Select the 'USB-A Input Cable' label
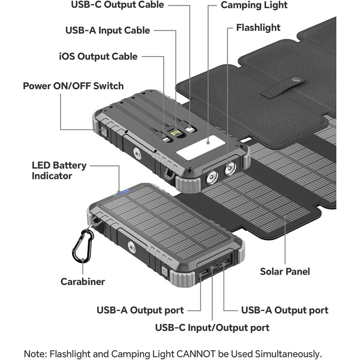point(107,30)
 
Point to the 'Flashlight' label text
point(258,27)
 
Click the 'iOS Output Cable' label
point(98,56)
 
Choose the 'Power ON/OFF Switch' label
point(73,85)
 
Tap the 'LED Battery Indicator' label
point(59,171)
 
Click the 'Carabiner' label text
point(83,281)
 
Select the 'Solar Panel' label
point(285,271)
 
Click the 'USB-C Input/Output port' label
point(212,327)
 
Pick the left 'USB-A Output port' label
point(140,310)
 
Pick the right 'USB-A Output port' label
point(284,310)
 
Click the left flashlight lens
point(211,178)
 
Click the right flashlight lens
point(230,167)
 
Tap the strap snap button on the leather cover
point(297,80)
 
